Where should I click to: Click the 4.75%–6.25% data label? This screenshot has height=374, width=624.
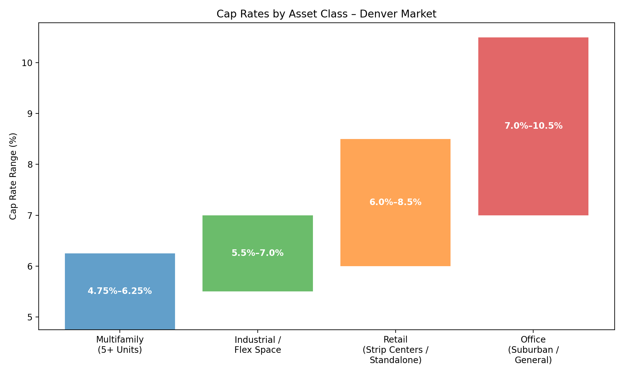pyautogui.click(x=120, y=291)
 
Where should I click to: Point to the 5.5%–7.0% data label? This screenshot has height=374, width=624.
pyautogui.click(x=257, y=253)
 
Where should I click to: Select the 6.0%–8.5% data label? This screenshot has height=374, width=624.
pyautogui.click(x=395, y=202)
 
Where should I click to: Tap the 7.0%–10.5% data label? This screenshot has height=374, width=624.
pyautogui.click(x=533, y=126)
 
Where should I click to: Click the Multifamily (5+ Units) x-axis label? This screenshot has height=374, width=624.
pyautogui.click(x=120, y=345)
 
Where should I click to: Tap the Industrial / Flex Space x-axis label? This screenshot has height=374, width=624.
pyautogui.click(x=257, y=345)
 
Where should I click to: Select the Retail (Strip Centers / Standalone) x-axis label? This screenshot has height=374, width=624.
pyautogui.click(x=395, y=350)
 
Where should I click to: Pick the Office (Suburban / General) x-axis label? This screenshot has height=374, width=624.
pyautogui.click(x=533, y=350)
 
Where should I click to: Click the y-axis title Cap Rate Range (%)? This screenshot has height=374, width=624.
pyautogui.click(x=13, y=176)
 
